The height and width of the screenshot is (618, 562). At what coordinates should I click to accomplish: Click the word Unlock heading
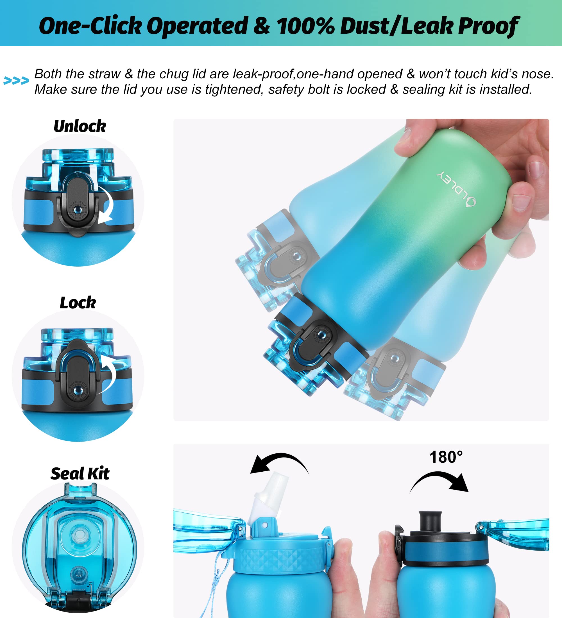tap(80, 126)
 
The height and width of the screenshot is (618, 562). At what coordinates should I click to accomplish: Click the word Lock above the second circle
tap(78, 303)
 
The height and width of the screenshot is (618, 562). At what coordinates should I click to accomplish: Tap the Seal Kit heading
tap(80, 474)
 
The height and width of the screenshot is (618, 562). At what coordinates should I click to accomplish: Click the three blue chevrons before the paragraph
tap(16, 81)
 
